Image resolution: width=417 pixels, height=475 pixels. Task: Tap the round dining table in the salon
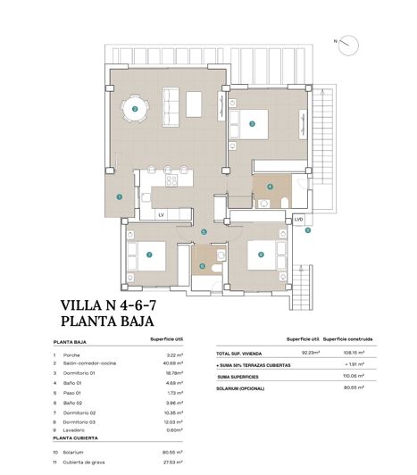coord(136,110)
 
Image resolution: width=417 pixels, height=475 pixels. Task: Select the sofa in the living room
coord(195,104)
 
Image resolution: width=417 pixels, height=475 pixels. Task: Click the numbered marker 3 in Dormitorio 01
coord(253,124)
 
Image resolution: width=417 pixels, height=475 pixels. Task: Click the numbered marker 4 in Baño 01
coord(270,187)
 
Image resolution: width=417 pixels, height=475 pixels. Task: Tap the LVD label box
coord(298,220)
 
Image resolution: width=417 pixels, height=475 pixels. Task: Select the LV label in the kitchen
coord(162,215)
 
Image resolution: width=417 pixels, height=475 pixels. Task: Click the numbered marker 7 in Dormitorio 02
coord(149,255)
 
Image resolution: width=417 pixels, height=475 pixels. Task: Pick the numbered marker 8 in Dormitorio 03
coord(261,254)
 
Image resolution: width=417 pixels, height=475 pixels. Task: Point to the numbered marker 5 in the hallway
coord(204,232)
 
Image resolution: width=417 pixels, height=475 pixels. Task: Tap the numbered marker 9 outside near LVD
coord(308,230)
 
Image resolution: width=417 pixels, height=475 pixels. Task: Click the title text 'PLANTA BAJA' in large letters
coord(108,321)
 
